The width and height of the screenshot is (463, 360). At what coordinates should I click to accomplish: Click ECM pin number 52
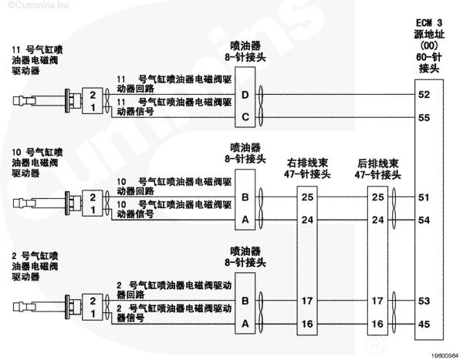point(424,95)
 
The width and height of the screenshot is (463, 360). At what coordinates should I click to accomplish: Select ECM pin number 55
point(424,118)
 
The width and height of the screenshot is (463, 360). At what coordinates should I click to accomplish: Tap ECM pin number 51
point(424,197)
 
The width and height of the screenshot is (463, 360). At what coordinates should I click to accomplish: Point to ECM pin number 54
point(424,220)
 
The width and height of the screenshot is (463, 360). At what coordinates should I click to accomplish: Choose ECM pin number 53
point(424,301)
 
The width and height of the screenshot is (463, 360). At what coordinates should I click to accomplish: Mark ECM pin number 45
point(424,324)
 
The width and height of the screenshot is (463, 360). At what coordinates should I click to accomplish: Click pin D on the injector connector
point(245,95)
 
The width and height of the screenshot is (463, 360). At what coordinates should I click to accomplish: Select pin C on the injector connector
point(245,117)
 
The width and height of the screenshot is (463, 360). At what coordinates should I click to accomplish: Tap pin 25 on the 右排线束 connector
point(307,197)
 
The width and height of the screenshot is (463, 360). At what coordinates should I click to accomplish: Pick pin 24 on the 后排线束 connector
point(377,220)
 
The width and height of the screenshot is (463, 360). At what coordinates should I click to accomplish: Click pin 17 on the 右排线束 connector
point(307,301)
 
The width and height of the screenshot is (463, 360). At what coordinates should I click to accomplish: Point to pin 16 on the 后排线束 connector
point(377,324)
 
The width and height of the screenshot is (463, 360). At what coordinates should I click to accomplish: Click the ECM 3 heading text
point(429,22)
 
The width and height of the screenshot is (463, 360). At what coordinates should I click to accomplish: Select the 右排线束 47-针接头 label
point(307,169)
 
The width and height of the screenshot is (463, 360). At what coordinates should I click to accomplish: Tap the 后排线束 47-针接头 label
point(377,169)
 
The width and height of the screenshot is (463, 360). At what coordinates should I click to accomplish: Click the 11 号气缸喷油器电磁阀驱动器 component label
point(37,60)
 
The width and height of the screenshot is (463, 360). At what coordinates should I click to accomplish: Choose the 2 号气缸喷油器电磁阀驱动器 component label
point(35,266)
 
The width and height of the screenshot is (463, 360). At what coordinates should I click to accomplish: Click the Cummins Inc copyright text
point(39,5)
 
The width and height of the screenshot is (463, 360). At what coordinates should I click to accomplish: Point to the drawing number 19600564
point(446,356)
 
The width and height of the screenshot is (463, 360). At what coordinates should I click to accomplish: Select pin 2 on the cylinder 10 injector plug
point(93,197)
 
